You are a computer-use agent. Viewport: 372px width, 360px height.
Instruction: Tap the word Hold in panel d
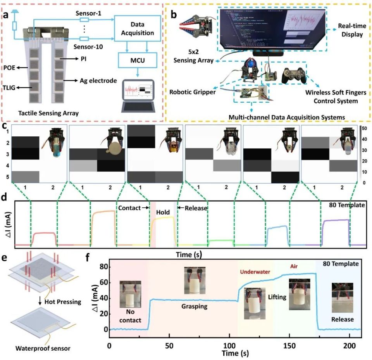point(164,212)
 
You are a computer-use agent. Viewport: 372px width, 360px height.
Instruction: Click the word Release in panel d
point(196,208)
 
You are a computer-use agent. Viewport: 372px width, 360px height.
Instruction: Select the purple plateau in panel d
point(336,220)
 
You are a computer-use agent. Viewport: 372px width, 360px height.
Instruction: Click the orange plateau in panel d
point(103,211)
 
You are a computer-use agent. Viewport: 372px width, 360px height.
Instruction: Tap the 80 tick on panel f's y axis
point(102,267)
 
